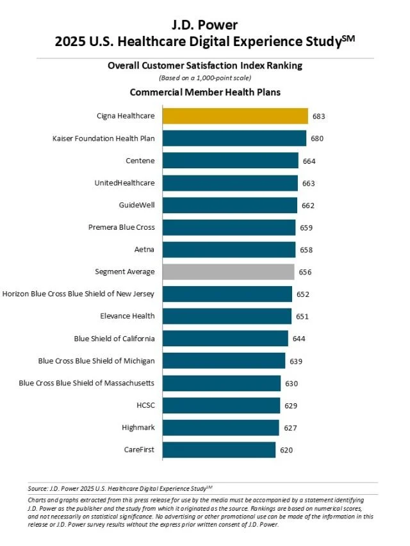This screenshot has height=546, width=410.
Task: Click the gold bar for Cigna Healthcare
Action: [235, 116]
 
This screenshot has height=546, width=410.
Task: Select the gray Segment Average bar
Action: [228, 271]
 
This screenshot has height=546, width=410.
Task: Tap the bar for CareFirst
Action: [219, 449]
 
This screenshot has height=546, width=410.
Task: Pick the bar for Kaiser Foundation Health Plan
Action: [234, 138]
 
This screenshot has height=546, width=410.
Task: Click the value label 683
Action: [319, 116]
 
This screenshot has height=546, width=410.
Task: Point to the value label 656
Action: [305, 272]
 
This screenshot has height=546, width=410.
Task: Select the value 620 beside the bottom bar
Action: [286, 450]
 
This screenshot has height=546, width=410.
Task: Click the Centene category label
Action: [140, 161]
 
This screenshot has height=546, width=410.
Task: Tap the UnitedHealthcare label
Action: [124, 182]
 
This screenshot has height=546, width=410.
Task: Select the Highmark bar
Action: [220, 427]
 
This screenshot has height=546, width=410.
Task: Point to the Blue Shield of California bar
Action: [225, 338]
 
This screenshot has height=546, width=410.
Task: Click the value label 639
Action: [295, 361]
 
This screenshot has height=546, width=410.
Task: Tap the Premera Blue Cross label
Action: [121, 227]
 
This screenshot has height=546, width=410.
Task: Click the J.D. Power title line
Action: [205, 25]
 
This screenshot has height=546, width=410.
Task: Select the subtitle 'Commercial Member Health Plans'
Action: [205, 92]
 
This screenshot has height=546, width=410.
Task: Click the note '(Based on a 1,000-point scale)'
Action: [205, 77]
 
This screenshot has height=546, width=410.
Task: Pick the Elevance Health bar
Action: [227, 316]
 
